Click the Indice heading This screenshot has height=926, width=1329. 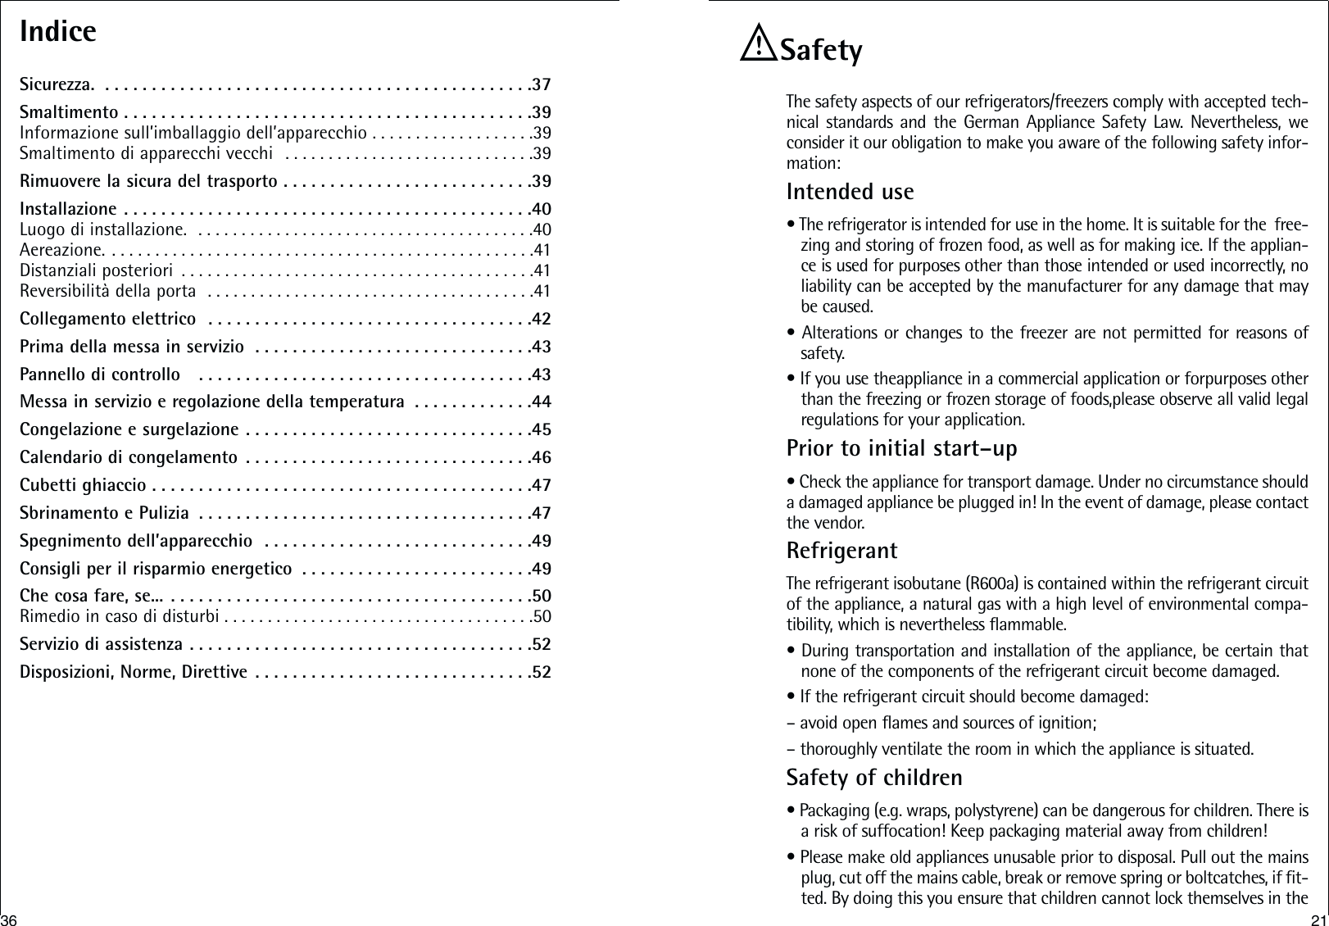click(x=58, y=32)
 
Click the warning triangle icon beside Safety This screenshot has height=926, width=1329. click(x=758, y=47)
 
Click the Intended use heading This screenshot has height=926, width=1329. click(x=850, y=192)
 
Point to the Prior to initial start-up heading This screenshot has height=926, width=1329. click(x=901, y=449)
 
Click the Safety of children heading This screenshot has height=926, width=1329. click(x=874, y=776)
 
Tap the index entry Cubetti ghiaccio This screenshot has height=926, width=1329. click(x=83, y=485)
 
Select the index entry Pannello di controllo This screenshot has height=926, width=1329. click(x=100, y=375)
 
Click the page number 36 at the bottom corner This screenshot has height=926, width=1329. click(x=9, y=918)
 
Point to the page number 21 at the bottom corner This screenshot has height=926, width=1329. click(x=1318, y=918)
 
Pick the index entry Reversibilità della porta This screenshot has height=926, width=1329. click(x=107, y=291)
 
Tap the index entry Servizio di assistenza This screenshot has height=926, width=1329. click(x=101, y=644)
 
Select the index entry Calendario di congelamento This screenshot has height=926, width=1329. click(x=129, y=457)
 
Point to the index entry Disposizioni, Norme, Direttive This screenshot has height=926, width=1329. click(x=134, y=673)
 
